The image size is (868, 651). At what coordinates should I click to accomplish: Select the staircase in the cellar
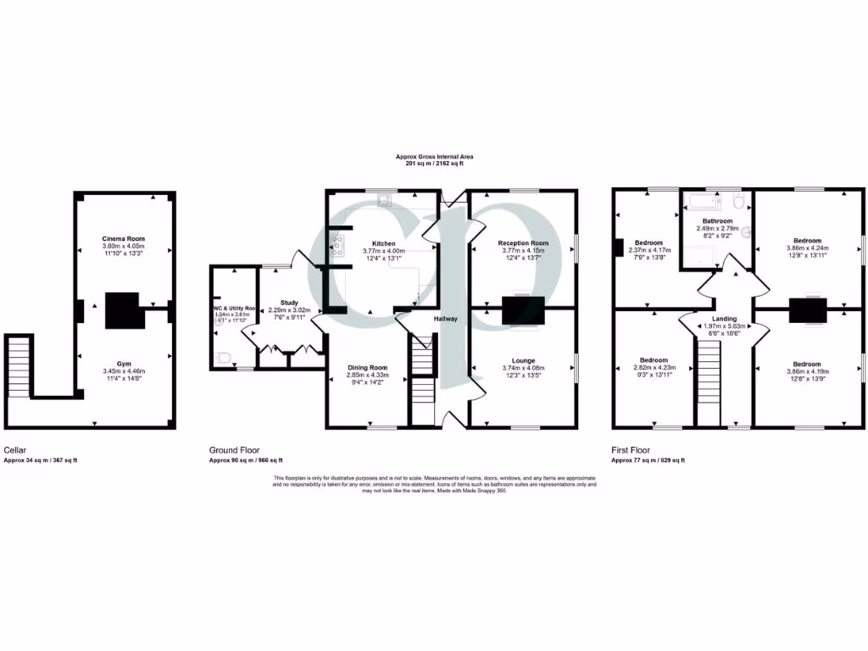coord(19,365)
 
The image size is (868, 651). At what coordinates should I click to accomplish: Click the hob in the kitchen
coord(338,245)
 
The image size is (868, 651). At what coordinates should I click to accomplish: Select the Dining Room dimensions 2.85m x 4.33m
coord(368,375)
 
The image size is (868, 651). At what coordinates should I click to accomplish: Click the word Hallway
coord(446,320)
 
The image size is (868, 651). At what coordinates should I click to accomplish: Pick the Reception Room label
coord(523,243)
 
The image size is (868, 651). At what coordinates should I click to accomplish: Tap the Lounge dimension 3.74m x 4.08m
coord(523,367)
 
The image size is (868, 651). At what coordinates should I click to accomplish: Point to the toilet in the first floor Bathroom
coord(738,201)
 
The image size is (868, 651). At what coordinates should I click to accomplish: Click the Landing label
coord(724,319)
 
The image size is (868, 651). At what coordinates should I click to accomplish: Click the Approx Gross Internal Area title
coord(433,157)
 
